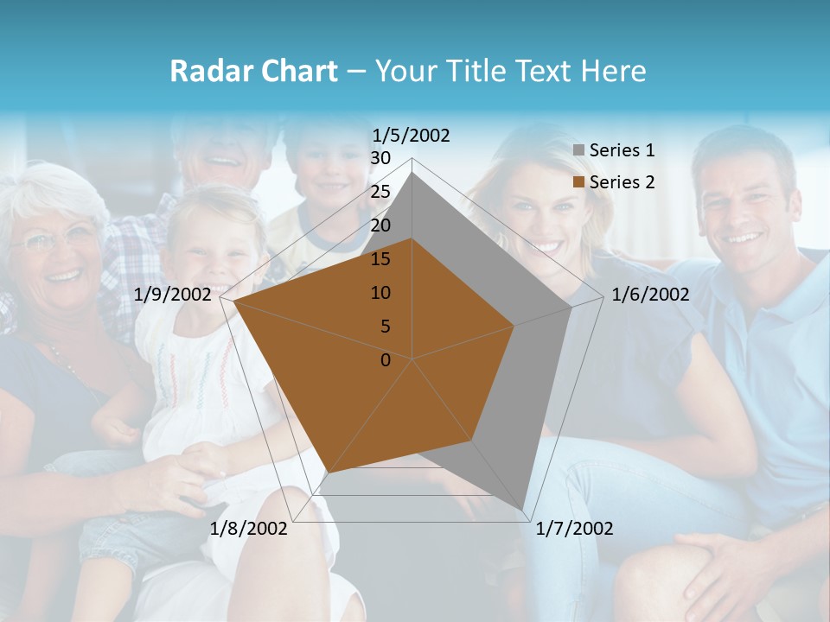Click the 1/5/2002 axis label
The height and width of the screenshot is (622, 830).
click(412, 136)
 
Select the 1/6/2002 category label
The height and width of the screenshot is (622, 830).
click(650, 295)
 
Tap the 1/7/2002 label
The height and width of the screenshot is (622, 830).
click(574, 529)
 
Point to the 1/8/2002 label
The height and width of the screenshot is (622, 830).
click(249, 529)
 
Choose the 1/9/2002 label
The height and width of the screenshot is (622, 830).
click(173, 295)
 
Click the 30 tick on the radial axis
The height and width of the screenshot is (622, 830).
click(380, 158)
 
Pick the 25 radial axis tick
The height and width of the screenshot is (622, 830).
click(380, 192)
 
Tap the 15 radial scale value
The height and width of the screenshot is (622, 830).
click(380, 259)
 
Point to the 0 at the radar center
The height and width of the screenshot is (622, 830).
click(386, 360)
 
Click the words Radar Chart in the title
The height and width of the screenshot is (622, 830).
click(253, 71)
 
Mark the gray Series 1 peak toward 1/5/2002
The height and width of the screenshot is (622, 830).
click(412, 173)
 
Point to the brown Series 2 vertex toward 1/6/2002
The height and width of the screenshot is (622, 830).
click(514, 326)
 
